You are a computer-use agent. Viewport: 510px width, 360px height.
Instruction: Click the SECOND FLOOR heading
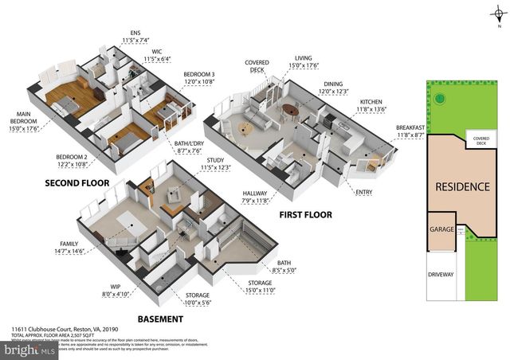(x=77, y=182)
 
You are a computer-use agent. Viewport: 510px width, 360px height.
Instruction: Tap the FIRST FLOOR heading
(x=305, y=214)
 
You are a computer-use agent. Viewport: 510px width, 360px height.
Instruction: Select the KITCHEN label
(x=371, y=102)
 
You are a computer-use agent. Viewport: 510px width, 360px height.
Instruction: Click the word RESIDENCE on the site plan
(x=461, y=187)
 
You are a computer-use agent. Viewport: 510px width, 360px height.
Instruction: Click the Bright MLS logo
(x=29, y=349)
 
